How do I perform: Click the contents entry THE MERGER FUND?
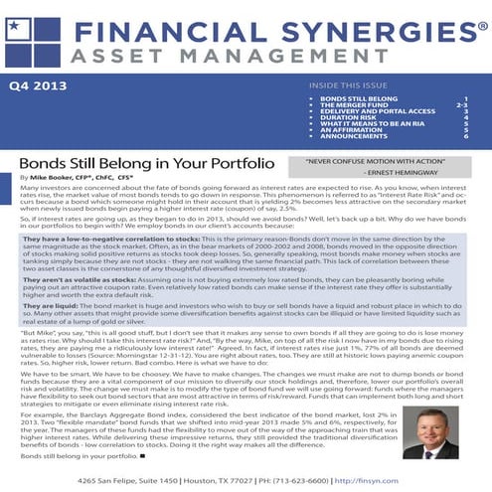point(352,106)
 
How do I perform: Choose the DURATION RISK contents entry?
point(349,119)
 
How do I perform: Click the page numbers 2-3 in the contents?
point(461,106)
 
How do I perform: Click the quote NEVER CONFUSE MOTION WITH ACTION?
point(370,159)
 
